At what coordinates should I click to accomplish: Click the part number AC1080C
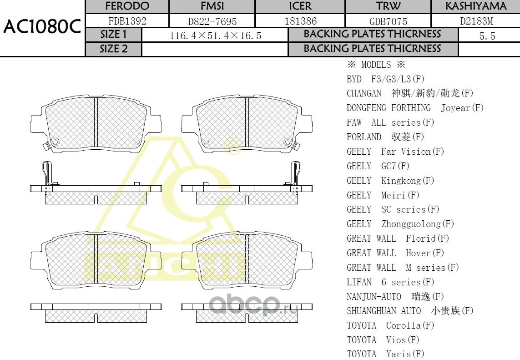tap(42, 27)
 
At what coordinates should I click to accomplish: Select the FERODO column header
tap(127, 6)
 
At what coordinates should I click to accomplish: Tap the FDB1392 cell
tap(127, 21)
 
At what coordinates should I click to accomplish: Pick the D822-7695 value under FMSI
tap(212, 21)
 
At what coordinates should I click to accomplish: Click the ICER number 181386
tap(300, 21)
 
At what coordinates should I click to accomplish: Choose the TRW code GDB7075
tap(388, 21)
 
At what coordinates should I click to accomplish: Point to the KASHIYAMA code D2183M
tap(476, 21)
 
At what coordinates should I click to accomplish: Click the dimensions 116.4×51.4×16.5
tap(215, 35)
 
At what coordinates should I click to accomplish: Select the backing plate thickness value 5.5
tap(487, 36)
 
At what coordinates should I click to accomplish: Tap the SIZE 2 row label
tap(114, 49)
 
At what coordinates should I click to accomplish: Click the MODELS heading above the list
tap(376, 65)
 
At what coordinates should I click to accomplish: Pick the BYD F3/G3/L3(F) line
tap(385, 79)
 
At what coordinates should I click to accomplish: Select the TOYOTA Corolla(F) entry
tap(390, 325)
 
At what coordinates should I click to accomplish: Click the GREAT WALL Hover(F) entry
tap(395, 253)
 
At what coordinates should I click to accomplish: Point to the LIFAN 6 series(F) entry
tap(390, 282)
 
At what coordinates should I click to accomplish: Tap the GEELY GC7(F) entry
tap(378, 166)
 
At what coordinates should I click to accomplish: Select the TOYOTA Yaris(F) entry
tap(385, 354)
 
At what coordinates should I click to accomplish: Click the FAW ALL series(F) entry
tap(390, 122)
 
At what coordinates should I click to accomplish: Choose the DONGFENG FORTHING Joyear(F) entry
tap(415, 108)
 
